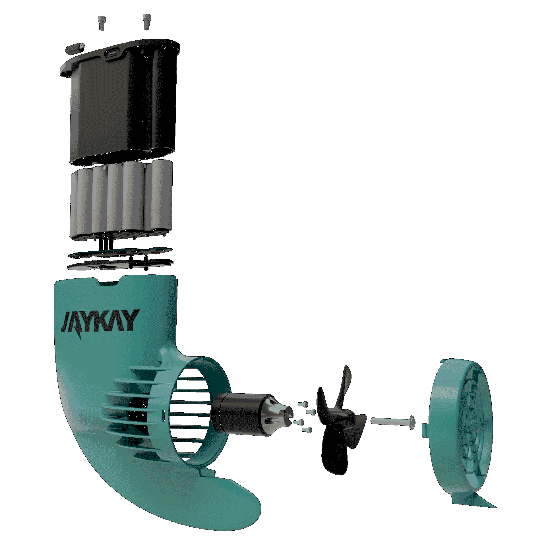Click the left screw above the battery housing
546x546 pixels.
tap(102, 23)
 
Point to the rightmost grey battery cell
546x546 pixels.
tap(162, 195)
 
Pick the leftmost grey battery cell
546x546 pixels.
tap(74, 205)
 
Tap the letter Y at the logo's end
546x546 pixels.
tap(130, 320)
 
